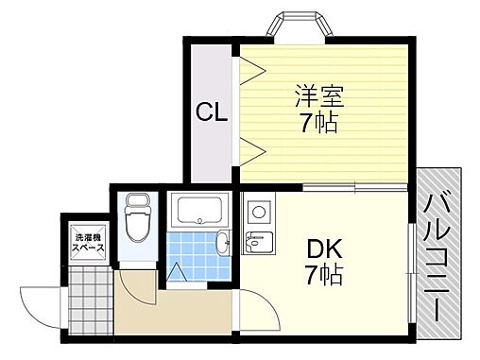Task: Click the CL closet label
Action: tap(212, 113)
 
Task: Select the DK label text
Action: tap(324, 249)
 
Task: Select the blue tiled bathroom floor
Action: tap(194, 251)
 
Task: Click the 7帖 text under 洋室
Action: tap(318, 123)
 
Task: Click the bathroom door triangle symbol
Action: tap(177, 272)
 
